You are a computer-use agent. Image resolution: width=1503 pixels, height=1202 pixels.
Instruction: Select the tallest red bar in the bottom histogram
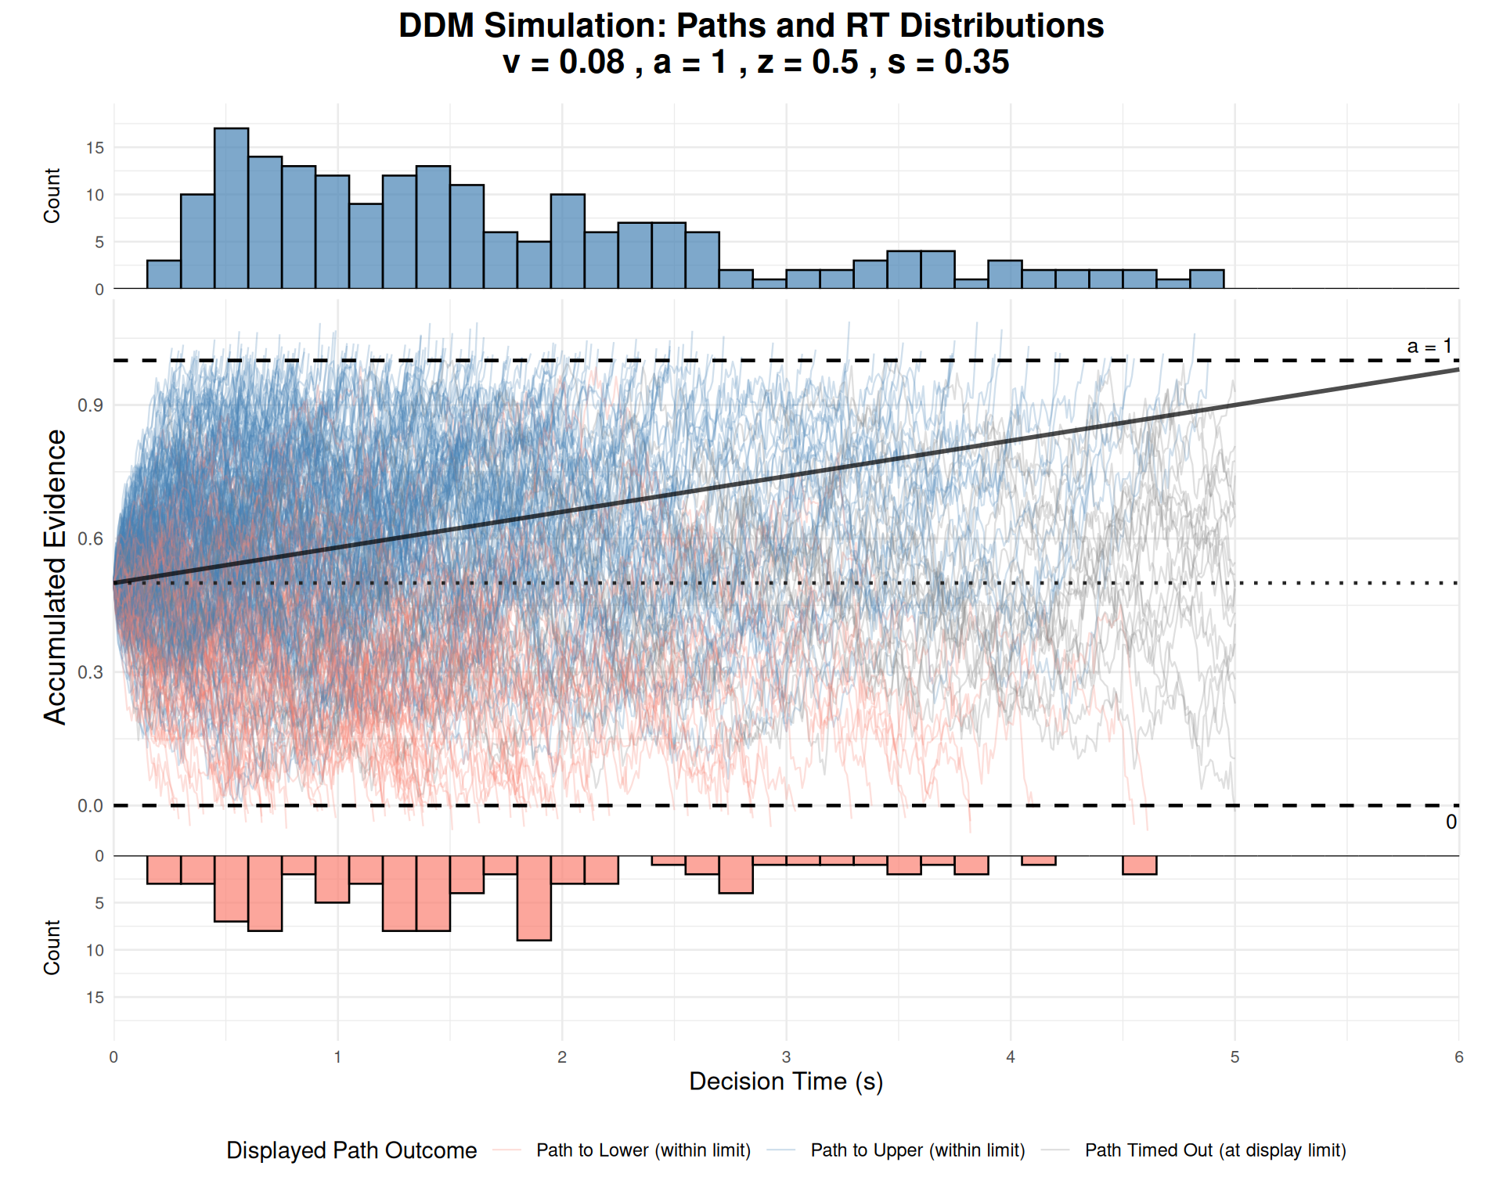534,898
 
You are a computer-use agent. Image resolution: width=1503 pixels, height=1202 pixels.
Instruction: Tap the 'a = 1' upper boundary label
1429,347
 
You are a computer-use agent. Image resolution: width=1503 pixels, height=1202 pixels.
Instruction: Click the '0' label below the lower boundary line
1451,822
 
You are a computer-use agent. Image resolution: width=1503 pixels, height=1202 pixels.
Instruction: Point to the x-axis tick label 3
786,1057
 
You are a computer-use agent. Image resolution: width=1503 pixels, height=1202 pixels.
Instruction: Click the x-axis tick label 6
1458,1057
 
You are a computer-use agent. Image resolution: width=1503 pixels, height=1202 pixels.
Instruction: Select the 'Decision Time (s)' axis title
786,1081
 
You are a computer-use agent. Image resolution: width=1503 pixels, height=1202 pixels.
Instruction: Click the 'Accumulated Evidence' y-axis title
55,577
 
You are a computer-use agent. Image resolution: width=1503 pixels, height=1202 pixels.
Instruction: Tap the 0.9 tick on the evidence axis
91,405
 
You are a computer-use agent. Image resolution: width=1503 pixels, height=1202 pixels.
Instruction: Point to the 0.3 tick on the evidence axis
91,672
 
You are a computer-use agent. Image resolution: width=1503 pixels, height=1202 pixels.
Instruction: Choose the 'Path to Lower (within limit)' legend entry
643,1150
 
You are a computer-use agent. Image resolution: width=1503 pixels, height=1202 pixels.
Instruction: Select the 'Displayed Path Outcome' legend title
351,1150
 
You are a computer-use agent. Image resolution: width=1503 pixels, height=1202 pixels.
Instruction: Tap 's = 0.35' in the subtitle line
948,63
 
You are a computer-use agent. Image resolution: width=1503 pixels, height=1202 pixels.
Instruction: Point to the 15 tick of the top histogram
95,148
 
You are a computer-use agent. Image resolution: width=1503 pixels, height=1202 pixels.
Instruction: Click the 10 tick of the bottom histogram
95,951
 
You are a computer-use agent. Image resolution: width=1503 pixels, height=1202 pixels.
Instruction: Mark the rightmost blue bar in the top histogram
1206,279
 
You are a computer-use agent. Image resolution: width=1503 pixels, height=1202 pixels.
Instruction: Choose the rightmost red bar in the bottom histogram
1139,865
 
